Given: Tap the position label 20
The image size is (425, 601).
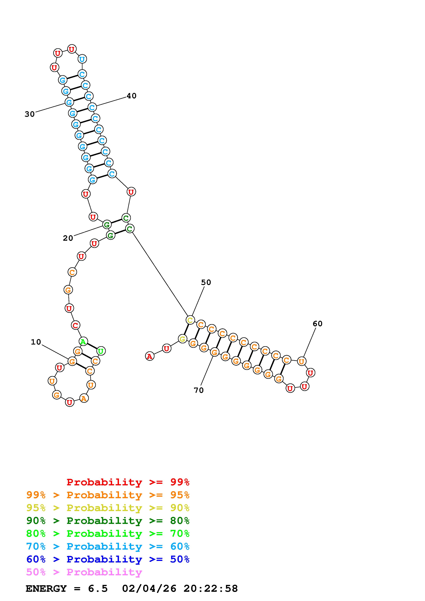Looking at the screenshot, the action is click(x=68, y=238).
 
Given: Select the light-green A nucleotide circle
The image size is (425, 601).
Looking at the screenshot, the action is click(x=83, y=341).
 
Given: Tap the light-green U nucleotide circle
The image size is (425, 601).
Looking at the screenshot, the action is click(x=101, y=351).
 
